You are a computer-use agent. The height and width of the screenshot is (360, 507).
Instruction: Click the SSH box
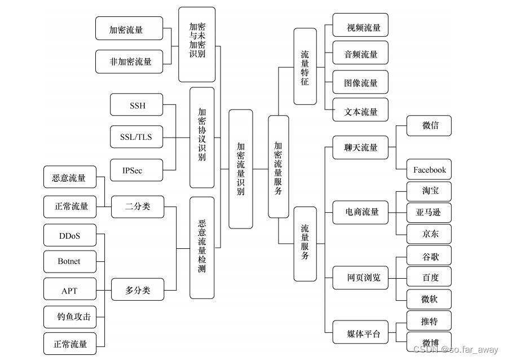coord(136,105)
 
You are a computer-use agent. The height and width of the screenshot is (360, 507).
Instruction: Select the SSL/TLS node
coord(136,137)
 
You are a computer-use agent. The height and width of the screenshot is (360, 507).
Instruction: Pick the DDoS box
coord(70,235)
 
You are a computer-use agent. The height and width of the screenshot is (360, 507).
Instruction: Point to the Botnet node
coord(70,261)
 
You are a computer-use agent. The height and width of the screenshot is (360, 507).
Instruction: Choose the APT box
coord(70,291)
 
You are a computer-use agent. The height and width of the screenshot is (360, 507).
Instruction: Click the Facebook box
coord(429,169)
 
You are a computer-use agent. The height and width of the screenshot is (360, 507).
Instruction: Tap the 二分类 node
coord(138,207)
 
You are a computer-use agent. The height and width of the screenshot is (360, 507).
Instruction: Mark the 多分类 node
coord(138,291)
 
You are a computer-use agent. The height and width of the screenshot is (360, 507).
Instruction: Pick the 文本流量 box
coord(360,111)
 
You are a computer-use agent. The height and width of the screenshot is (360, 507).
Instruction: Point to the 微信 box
coord(429,125)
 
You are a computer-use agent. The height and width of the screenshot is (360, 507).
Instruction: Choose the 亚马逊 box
coord(429,212)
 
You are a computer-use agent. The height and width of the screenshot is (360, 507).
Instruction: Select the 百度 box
coord(429,277)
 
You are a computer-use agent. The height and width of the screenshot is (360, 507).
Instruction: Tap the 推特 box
coord(429,321)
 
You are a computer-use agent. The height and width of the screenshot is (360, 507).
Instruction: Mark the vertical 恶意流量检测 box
coord(202,247)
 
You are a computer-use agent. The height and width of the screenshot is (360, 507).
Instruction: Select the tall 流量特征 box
coord(305,67)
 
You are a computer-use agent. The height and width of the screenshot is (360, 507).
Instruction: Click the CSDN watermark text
coord(456,350)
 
